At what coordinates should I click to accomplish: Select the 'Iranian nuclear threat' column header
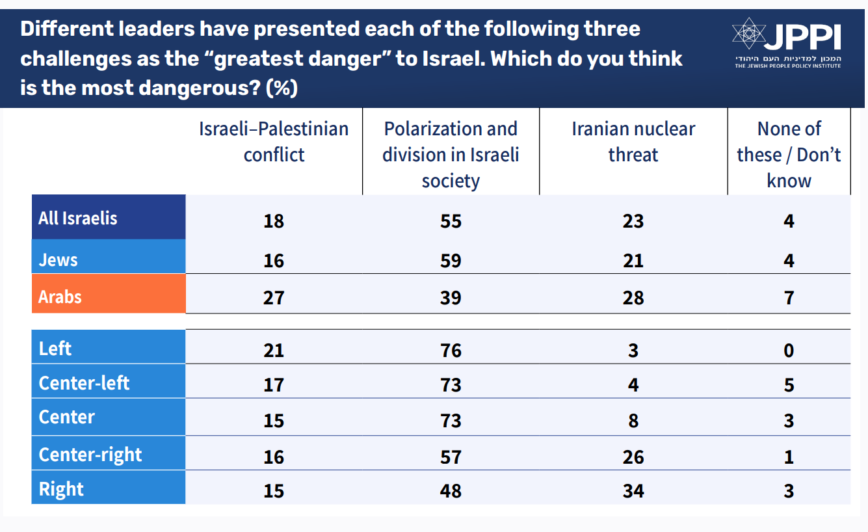click(633, 142)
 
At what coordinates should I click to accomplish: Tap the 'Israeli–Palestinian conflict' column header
click(274, 142)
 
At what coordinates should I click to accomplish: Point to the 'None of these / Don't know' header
click(789, 155)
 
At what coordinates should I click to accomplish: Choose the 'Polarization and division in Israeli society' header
click(451, 155)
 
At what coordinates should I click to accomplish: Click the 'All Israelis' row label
click(78, 218)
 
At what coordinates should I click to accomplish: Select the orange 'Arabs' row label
click(60, 297)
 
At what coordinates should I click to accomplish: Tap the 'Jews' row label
click(59, 259)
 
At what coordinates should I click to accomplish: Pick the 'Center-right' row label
click(90, 454)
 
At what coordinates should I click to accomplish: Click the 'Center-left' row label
click(85, 383)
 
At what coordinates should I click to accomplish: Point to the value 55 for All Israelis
click(451, 221)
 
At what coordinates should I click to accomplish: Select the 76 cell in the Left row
click(451, 351)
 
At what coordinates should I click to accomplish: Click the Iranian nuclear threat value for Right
click(633, 490)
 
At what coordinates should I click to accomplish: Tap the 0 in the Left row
click(789, 351)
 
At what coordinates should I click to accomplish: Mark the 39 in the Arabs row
click(451, 297)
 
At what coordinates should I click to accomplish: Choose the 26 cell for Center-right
click(633, 457)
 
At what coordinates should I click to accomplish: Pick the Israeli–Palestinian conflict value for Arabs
click(274, 297)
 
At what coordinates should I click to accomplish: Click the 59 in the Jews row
click(451, 261)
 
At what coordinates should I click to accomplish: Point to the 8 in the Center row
click(633, 421)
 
